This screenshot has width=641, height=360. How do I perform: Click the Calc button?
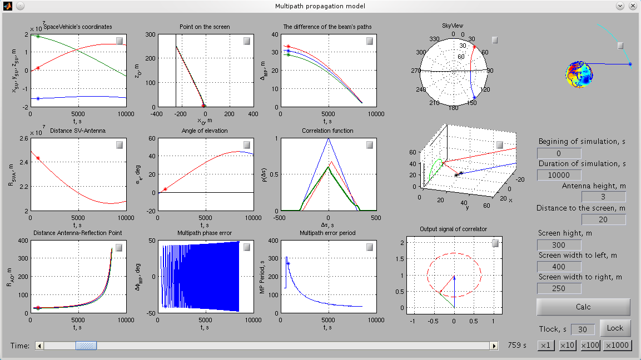coord(583,307)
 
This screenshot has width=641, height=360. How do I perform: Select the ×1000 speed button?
coord(618,346)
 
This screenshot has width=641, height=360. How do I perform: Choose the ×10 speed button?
coord(568,346)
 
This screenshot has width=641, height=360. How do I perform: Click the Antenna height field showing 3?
coord(603,197)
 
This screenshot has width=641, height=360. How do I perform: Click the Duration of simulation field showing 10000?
coord(559,175)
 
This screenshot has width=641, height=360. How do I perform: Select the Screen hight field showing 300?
coord(559,245)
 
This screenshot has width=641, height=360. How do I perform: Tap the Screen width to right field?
coord(559,288)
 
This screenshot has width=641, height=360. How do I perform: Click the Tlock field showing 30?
coord(583,329)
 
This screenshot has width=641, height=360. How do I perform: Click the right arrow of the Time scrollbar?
coord(494,346)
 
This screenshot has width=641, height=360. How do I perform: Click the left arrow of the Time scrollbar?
coord(39,346)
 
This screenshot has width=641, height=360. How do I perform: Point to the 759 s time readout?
coord(517,346)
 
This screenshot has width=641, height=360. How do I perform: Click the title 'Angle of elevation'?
coord(205,131)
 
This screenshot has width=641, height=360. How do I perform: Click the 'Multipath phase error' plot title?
coord(205,233)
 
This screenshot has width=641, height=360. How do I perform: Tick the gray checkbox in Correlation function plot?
coord(370,145)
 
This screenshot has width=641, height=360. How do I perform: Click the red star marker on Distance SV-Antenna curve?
coord(38,158)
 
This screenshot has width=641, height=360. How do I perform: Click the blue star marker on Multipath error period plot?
coord(288,263)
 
